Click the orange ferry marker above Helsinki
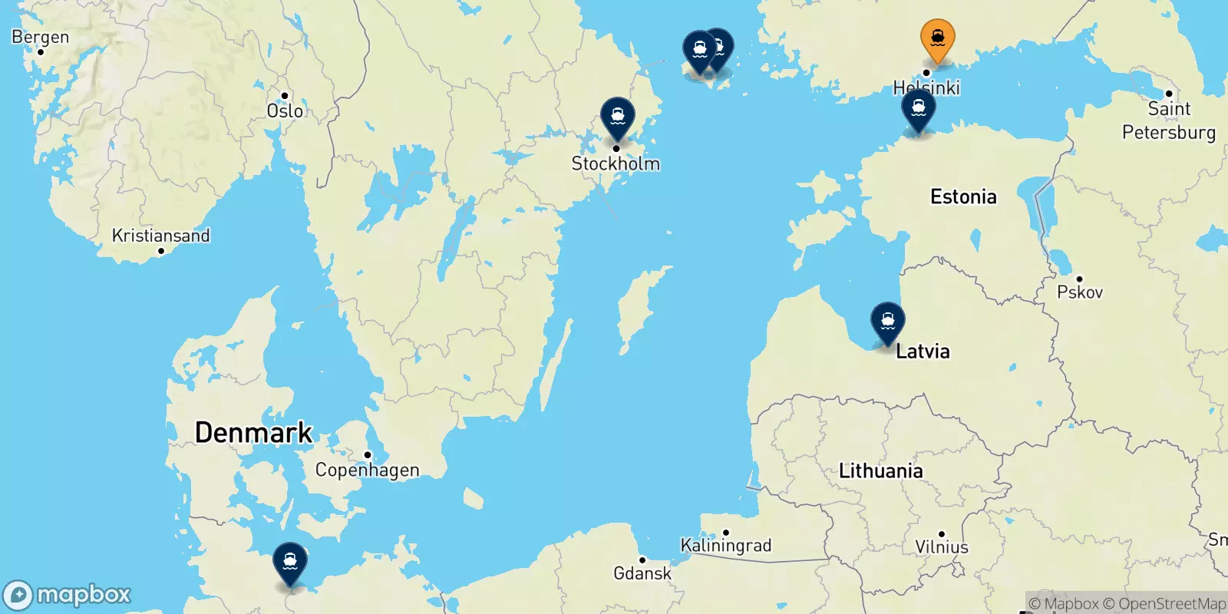pos(937,38)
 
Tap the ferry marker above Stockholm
pos(617,117)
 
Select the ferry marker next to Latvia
pos(887,320)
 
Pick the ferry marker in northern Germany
pos(289,562)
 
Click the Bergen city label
pos(40,37)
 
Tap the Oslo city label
pos(285,111)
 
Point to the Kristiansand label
pos(160,236)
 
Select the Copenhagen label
pos(367,470)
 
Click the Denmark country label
pos(253,433)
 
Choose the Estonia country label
pos(963,197)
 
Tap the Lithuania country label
pos(880,470)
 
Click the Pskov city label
pos(1079,292)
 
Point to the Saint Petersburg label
pos(1168,120)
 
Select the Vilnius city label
pos(941,547)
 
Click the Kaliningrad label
pos(725,545)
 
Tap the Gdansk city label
pos(642,573)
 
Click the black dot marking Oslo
pos(285,96)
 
